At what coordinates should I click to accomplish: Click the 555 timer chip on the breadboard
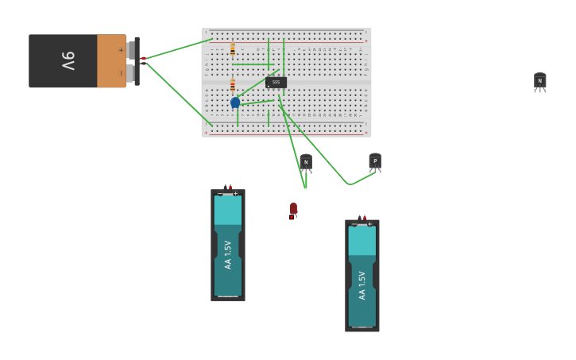[x=276, y=82]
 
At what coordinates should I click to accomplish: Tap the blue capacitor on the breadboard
[x=235, y=103]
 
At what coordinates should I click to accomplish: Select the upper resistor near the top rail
[x=232, y=49]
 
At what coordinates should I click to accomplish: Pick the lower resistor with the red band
[x=232, y=85]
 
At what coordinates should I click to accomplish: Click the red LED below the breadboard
[x=293, y=209]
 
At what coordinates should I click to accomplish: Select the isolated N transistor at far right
[x=540, y=80]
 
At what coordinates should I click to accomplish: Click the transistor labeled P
[x=375, y=161]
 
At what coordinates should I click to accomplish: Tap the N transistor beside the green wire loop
[x=306, y=162]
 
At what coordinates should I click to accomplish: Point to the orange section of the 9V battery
[x=111, y=60]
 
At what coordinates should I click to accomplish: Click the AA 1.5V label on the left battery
[x=228, y=254]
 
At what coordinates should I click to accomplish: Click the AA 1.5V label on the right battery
[x=362, y=285]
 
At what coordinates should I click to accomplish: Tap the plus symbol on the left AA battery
[x=235, y=194]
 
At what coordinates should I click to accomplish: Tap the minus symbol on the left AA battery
[x=221, y=194]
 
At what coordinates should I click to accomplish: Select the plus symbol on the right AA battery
[x=369, y=224]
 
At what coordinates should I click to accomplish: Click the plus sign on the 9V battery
[x=121, y=50]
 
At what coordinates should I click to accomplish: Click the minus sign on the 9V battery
[x=121, y=72]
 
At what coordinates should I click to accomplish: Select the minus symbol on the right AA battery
[x=354, y=224]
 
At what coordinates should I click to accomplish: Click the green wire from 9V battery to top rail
[x=176, y=48]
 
